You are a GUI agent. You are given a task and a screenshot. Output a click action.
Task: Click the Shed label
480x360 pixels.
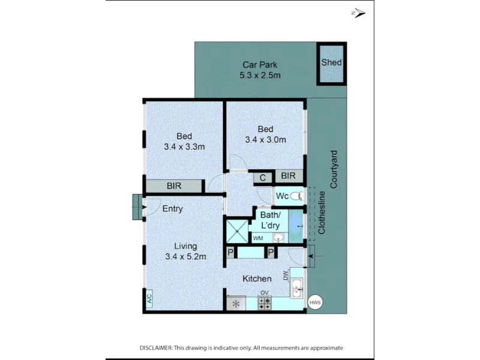pos(331,62)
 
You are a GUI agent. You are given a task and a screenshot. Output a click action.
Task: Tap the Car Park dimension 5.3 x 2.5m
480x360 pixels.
pos(260,76)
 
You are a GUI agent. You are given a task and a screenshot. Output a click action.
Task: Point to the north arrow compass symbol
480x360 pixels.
pos(358,13)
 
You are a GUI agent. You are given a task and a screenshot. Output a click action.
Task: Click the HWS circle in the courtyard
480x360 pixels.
pos(315,302)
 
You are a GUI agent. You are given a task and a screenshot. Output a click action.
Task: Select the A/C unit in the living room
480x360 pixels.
pos(149,298)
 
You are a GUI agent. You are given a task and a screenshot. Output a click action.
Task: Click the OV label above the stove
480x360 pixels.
pos(265,293)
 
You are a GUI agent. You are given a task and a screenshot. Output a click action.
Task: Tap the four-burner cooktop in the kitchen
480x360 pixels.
pos(265,303)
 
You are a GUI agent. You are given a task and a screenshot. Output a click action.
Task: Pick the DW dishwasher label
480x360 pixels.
pos(286,276)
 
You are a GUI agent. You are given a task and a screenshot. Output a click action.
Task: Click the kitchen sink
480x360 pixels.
pos(296,288)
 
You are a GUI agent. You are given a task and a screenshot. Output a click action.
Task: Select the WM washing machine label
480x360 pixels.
pos(258,238)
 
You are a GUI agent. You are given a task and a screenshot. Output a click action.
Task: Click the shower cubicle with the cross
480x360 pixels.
pos(237,231)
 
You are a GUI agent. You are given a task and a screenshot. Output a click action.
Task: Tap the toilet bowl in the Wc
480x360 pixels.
pos(296,196)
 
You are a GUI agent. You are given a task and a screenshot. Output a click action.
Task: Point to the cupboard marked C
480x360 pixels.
pos(263,178)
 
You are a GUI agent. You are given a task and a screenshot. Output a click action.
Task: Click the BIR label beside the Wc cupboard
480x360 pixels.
pos(289,176)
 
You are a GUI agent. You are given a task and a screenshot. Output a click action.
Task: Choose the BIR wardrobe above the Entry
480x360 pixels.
pos(174,186)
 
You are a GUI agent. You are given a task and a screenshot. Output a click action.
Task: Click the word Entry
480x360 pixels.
pos(173,209)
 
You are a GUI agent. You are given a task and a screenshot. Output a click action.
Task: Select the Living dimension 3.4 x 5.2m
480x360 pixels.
pos(185,257)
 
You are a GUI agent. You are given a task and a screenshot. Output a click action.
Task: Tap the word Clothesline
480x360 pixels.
pos(322,213)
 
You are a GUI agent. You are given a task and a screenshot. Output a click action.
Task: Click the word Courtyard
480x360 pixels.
pos(334,169)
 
